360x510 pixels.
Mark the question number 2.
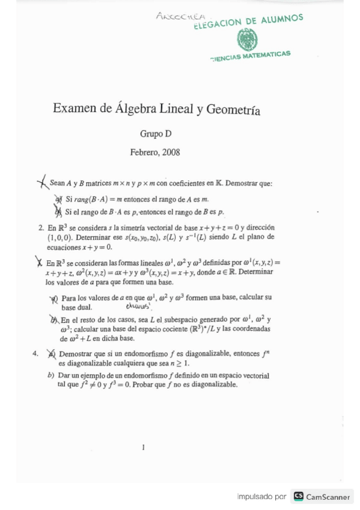41,228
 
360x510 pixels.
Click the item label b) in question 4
51,375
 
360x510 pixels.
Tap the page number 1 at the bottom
143,447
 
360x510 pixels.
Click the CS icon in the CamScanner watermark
299,497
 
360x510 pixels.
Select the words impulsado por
261,497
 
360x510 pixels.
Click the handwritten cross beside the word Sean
42,182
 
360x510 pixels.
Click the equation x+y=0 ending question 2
97,247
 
